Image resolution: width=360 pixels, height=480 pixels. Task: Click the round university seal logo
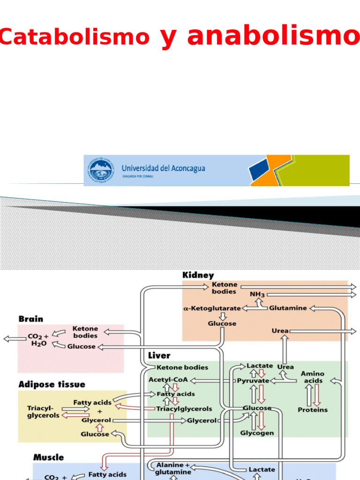[x=100, y=171]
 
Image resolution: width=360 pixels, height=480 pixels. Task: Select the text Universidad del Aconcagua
[x=163, y=168]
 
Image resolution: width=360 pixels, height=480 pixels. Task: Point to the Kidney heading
[x=198, y=276]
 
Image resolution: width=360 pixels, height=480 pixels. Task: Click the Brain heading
[x=31, y=319]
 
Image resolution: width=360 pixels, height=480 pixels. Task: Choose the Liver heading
[x=159, y=356]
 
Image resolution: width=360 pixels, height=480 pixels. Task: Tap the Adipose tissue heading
[x=52, y=384]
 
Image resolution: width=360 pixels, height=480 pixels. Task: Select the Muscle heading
[x=49, y=457]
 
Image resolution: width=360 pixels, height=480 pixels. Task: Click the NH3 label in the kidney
[x=257, y=294]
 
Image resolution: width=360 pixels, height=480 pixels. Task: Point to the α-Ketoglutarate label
[x=212, y=308]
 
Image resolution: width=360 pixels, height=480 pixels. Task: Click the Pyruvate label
[x=253, y=381]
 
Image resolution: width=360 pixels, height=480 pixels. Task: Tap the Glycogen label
[x=257, y=433]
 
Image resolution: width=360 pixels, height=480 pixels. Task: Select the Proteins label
[x=313, y=410]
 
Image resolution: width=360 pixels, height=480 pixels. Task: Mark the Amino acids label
[x=313, y=377]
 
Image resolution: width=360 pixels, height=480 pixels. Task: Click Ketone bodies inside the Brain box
[x=85, y=332]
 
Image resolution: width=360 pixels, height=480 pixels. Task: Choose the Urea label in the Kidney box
[x=280, y=331]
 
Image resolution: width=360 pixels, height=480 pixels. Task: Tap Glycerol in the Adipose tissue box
[x=96, y=420]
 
